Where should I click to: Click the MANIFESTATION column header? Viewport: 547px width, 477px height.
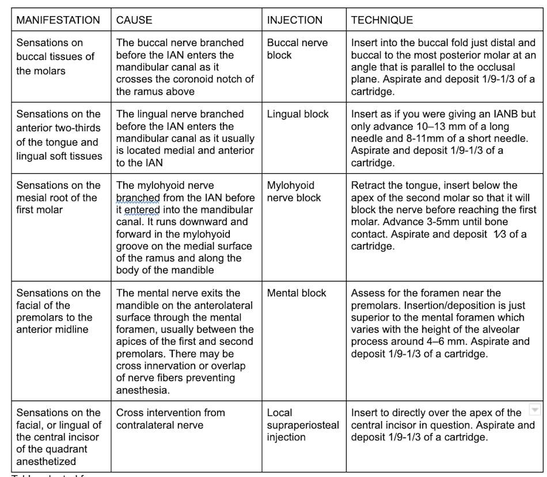(58, 20)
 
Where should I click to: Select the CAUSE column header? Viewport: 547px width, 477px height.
(134, 20)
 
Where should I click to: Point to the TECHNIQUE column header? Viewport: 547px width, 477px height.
(382, 20)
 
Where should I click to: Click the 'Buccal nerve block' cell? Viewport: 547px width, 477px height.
(297, 49)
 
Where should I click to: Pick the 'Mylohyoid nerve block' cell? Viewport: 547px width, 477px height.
(291, 192)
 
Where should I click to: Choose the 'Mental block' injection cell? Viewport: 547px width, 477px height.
(297, 293)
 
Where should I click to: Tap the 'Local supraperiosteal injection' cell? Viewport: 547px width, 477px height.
(303, 425)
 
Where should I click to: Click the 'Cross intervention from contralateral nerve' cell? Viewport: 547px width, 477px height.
(170, 419)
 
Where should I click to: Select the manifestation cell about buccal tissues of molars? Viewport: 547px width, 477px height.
(55, 56)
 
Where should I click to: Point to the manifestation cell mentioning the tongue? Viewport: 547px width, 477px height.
(59, 135)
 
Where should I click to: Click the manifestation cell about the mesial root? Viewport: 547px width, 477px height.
(58, 197)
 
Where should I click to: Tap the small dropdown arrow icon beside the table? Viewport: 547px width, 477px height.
(535, 410)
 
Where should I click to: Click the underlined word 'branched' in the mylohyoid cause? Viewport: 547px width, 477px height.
(138, 198)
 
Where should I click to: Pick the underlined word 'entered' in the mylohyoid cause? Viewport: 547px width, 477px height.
(142, 210)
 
